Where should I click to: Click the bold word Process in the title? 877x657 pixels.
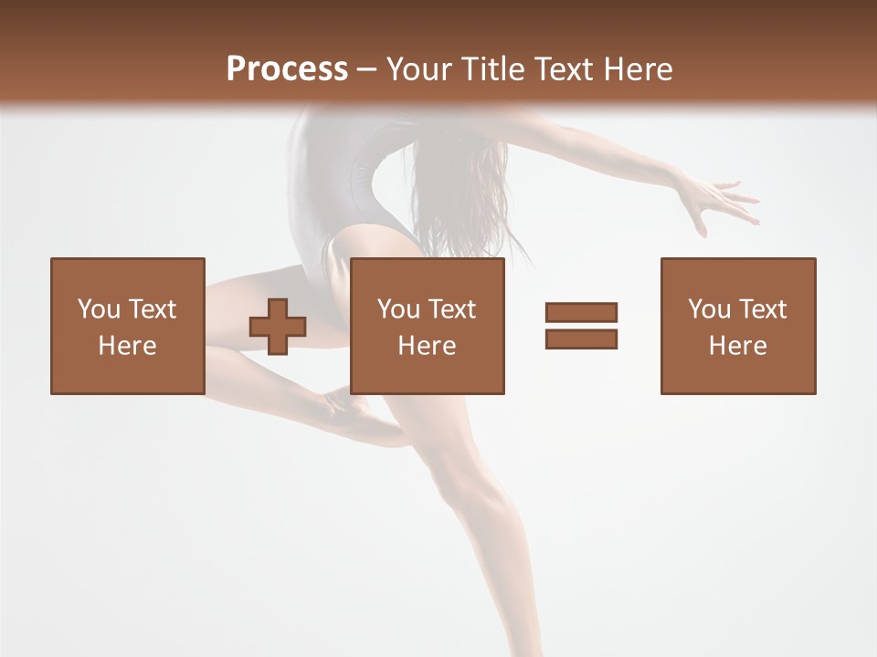pos(287,68)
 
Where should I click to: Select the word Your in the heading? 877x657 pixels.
pos(419,69)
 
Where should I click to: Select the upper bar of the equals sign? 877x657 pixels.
pos(581,312)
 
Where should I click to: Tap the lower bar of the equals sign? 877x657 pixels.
pos(581,339)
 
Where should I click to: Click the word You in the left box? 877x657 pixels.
pos(98,309)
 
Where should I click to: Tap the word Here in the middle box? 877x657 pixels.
pos(428,346)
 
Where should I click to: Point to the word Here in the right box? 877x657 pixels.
pos(738,346)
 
